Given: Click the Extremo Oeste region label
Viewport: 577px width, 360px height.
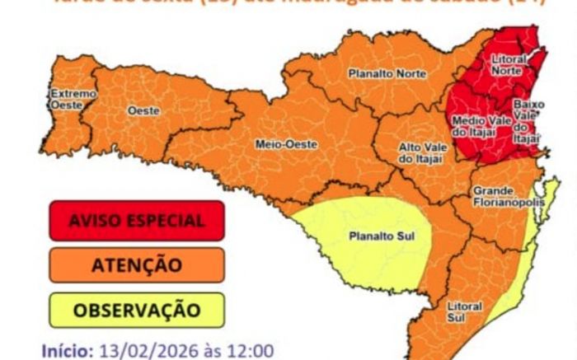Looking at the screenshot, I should (72, 99).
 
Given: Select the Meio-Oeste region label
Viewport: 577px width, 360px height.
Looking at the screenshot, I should (286, 143).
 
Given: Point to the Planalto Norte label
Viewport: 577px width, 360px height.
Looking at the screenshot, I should (387, 74).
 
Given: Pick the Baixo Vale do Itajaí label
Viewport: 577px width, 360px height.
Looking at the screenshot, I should (527, 122).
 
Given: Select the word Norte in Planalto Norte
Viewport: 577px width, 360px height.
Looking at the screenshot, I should (410, 74).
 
